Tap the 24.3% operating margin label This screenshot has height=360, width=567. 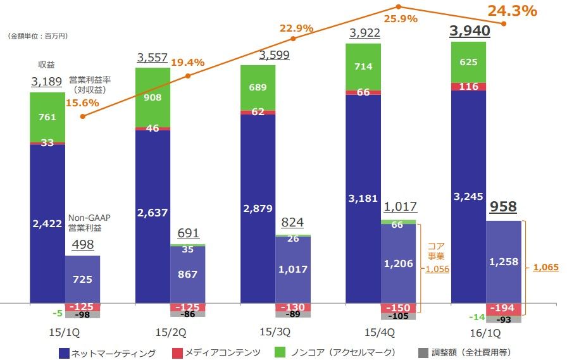pyautogui.click(x=512, y=11)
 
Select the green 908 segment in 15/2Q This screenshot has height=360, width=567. pyautogui.click(x=153, y=97)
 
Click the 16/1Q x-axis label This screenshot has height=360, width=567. pyautogui.click(x=485, y=332)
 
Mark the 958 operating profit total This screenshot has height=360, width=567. pyautogui.click(x=504, y=208)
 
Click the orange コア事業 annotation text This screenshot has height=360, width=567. pyautogui.click(x=437, y=251)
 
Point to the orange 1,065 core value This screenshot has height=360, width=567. pyautogui.click(x=545, y=268)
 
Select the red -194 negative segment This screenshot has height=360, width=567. pyautogui.click(x=504, y=308)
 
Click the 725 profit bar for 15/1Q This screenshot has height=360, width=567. pyautogui.click(x=82, y=279)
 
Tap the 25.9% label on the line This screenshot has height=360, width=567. pyautogui.click(x=399, y=19)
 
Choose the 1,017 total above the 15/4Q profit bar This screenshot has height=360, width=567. pyautogui.click(x=400, y=207)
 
